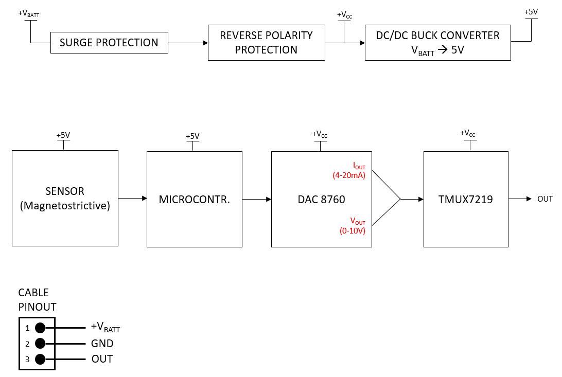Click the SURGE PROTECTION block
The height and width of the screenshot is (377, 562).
coord(109,43)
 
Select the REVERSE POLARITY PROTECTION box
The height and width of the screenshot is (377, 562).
coord(266,43)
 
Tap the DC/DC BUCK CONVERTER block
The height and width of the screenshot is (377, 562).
coord(437,43)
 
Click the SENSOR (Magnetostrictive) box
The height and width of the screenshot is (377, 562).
coord(65,199)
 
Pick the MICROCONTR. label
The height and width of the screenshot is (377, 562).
coord(194,199)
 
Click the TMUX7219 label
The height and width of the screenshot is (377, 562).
coord(465,199)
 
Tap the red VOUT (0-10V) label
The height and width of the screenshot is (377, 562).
coord(353,226)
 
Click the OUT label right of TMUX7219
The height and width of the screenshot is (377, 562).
coord(545,199)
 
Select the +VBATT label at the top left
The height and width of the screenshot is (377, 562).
coord(28,13)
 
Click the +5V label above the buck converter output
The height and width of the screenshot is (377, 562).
coord(531,12)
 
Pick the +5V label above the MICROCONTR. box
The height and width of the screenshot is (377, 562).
coord(192,136)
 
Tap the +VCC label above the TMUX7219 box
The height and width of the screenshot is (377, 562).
coord(468,134)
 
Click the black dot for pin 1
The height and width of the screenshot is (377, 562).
coord(40,328)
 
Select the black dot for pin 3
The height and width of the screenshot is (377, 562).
coord(40,359)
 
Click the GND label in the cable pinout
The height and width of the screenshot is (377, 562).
coord(102,344)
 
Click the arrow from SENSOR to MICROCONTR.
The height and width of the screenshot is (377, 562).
coord(132,199)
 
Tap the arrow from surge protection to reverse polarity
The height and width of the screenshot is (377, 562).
coord(188,43)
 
